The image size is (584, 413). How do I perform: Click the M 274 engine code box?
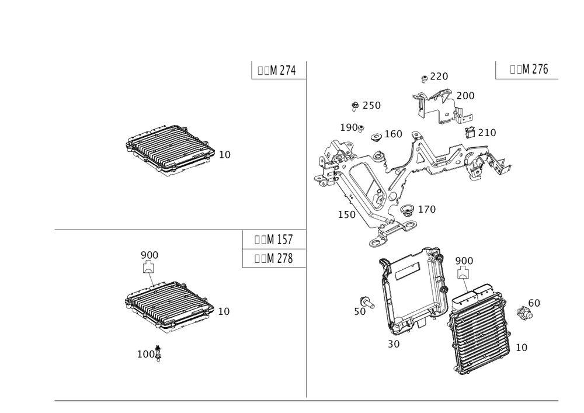click(x=276, y=70)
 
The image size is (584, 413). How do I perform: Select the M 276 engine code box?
click(x=529, y=70)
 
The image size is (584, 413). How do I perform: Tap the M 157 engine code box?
click(x=274, y=240)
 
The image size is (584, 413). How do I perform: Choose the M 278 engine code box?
click(x=274, y=258)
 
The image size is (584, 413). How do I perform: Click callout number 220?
click(x=439, y=77)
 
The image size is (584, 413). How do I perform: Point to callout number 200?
click(x=465, y=95)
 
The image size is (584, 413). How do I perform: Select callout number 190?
click(x=350, y=127)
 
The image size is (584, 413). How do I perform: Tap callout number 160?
click(x=394, y=134)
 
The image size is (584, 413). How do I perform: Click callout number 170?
click(x=427, y=209)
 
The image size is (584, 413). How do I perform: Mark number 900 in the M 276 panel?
click(x=464, y=260)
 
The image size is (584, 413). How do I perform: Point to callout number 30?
click(x=393, y=344)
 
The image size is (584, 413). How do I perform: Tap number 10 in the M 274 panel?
click(x=224, y=155)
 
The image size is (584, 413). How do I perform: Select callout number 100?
click(x=147, y=354)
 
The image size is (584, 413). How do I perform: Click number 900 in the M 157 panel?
click(x=150, y=255)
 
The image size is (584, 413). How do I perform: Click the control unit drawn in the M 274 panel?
click(x=168, y=150)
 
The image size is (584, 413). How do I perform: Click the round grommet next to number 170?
click(x=407, y=209)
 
